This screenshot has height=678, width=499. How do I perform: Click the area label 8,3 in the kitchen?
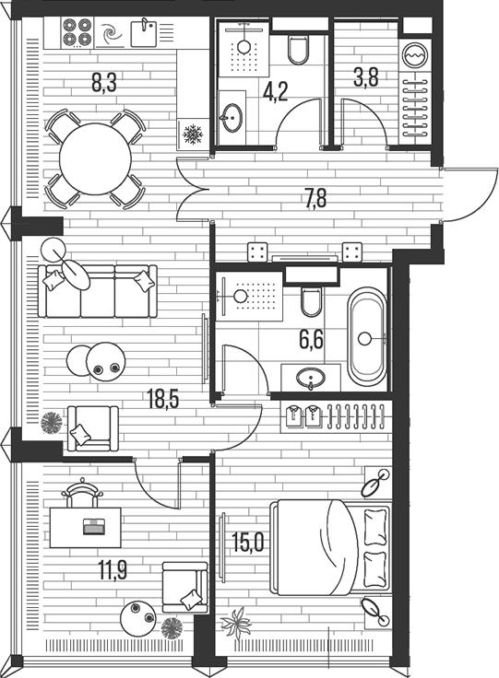tap(102, 84)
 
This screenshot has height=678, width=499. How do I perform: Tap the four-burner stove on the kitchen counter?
tap(76, 32)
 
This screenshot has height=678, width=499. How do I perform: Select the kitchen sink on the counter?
tap(145, 33)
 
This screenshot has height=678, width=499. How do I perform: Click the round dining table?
tap(96, 158)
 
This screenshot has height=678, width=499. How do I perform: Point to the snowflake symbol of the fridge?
tap(193, 136)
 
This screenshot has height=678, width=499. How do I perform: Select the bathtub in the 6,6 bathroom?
tap(366, 337)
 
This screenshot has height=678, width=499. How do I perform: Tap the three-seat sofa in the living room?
tap(98, 290)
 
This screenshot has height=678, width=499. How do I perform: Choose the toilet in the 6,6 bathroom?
tap(310, 301)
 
